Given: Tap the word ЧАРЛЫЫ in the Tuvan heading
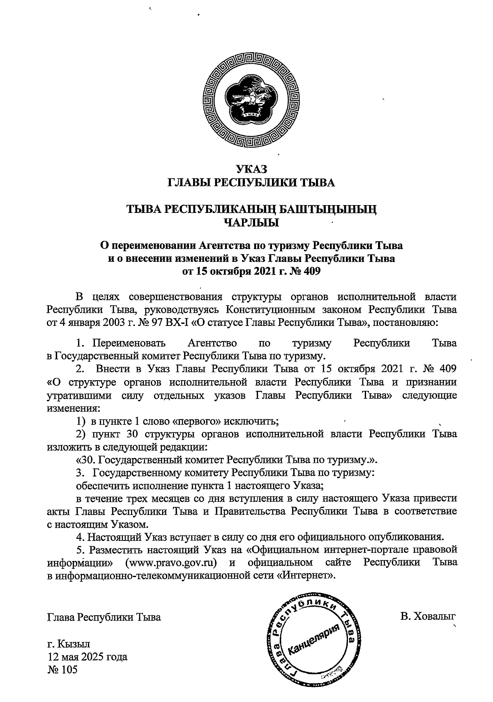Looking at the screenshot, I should pyautogui.click(x=251, y=223).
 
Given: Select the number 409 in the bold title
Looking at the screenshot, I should pyautogui.click(x=311, y=271).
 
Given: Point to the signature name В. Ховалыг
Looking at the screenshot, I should pyautogui.click(x=428, y=617).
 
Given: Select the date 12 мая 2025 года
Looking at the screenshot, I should pyautogui.click(x=88, y=656).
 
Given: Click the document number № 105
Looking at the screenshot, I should pyautogui.click(x=62, y=670).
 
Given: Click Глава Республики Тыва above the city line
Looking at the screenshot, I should pyautogui.click(x=104, y=617).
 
